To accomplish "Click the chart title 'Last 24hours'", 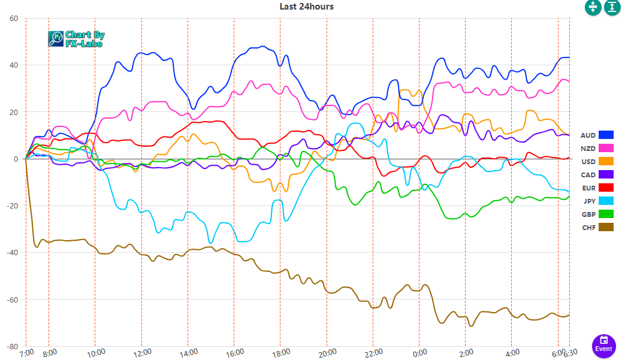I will tap(306, 7).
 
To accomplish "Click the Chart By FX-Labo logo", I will tap(76, 39).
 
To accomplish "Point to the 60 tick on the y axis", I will tap(14, 18).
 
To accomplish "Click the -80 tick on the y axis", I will tap(12, 346).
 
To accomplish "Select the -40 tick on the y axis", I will tap(12, 253).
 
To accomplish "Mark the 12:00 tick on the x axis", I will tap(141, 353).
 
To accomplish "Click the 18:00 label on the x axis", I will tap(280, 353).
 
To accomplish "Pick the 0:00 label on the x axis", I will tap(419, 353).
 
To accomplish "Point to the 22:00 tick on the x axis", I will tap(373, 353).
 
